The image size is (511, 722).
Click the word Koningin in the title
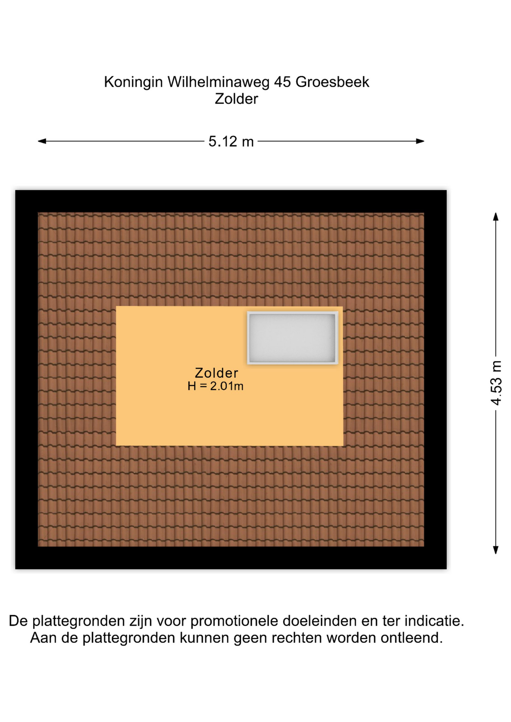(133, 82)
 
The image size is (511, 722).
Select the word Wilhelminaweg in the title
(219, 82)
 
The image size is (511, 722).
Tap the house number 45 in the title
(283, 82)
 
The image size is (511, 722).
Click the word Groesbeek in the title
(332, 82)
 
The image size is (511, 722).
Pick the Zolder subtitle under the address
(236, 99)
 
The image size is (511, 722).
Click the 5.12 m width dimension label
(231, 141)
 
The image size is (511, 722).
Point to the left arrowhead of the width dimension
(42, 141)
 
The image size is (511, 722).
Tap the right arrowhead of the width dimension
(420, 141)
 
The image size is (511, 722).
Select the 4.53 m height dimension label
(496, 383)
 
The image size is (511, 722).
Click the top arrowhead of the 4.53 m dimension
(496, 217)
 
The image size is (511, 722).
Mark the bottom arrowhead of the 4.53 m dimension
(496, 550)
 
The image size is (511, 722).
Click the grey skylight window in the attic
(292, 338)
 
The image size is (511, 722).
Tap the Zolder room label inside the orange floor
(216, 373)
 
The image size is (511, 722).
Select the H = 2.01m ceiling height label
(216, 386)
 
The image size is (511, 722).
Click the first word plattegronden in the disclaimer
(78, 621)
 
